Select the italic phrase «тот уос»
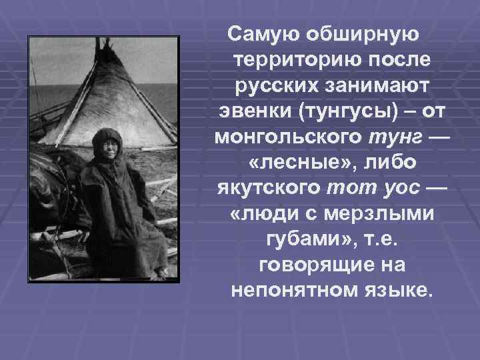click(374, 189)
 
